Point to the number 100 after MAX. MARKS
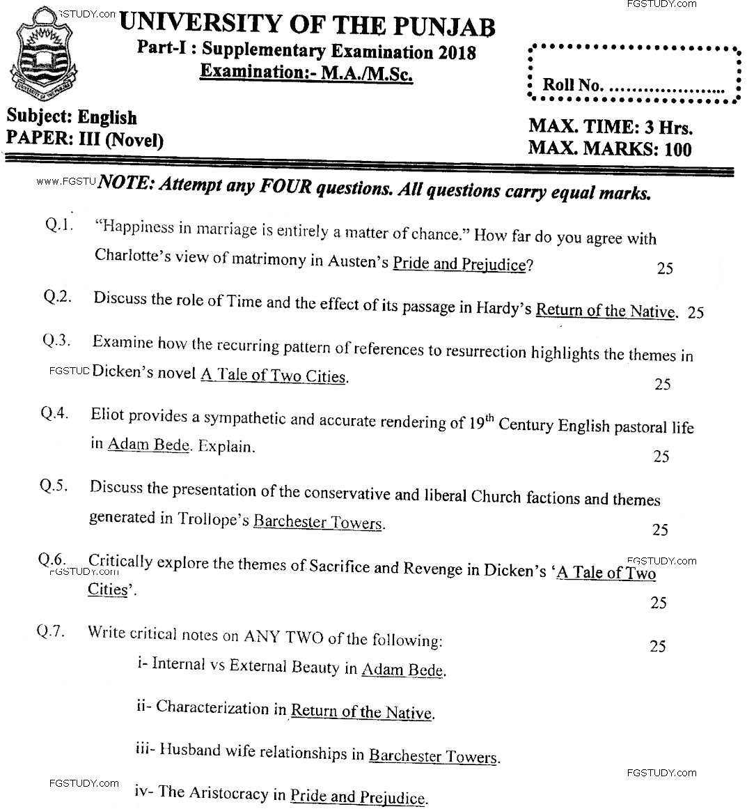click(x=677, y=148)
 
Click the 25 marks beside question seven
click(x=657, y=647)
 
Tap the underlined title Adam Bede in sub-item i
click(x=402, y=670)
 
